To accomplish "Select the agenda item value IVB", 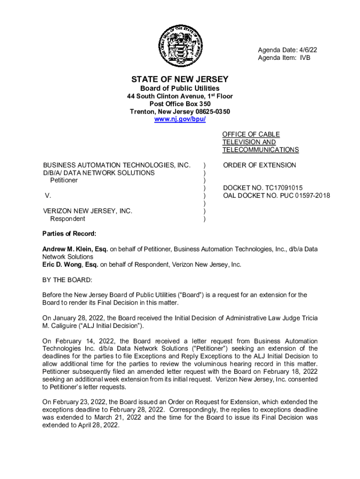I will [305, 58].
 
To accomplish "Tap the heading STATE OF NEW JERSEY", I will [180, 79].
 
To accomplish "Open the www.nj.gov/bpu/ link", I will [180, 119].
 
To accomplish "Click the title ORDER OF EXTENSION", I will [259, 165].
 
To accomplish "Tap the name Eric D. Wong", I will [62, 265].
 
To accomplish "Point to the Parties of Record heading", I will [69, 234].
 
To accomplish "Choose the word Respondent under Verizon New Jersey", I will [68, 218].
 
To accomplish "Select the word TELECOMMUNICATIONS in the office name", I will [260, 150].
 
